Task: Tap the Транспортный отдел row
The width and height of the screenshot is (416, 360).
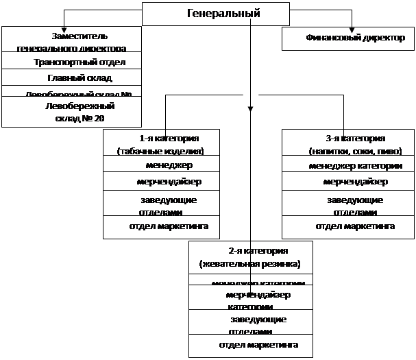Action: pyautogui.click(x=72, y=62)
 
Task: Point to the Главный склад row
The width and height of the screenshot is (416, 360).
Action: pyautogui.click(x=72, y=78)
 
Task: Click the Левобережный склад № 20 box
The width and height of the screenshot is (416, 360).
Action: pyautogui.click(x=72, y=112)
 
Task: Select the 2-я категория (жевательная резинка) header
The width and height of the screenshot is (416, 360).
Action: pyautogui.click(x=250, y=257)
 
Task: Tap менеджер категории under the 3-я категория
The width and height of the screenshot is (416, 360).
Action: pyautogui.click(x=350, y=165)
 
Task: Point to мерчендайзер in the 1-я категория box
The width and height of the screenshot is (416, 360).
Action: pyautogui.click(x=161, y=182)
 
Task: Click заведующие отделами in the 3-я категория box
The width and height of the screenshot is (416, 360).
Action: pyautogui.click(x=350, y=204)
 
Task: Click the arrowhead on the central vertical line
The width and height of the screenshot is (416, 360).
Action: pyautogui.click(x=251, y=108)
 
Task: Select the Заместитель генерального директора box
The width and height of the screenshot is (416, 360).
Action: pyautogui.click(x=72, y=40)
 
